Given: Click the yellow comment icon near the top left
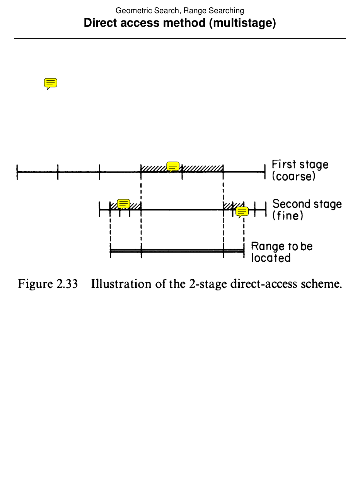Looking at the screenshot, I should coord(51,83).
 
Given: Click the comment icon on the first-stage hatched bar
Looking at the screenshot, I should coord(173,167).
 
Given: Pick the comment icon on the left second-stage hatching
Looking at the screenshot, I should coord(123,204).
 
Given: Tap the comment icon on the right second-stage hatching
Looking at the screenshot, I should coord(242,212).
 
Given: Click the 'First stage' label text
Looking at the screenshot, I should coord(300,165).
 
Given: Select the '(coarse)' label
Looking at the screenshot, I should coord(293,177).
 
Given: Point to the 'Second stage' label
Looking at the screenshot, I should coord(307,204).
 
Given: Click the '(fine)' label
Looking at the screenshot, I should coord(288,216).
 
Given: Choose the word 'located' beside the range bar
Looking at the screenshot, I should coord(271,258).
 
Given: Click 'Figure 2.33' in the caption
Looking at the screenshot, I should coord(48,284).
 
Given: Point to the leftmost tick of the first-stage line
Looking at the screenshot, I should coord(17,172).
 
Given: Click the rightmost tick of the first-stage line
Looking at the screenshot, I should coord(265,172).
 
